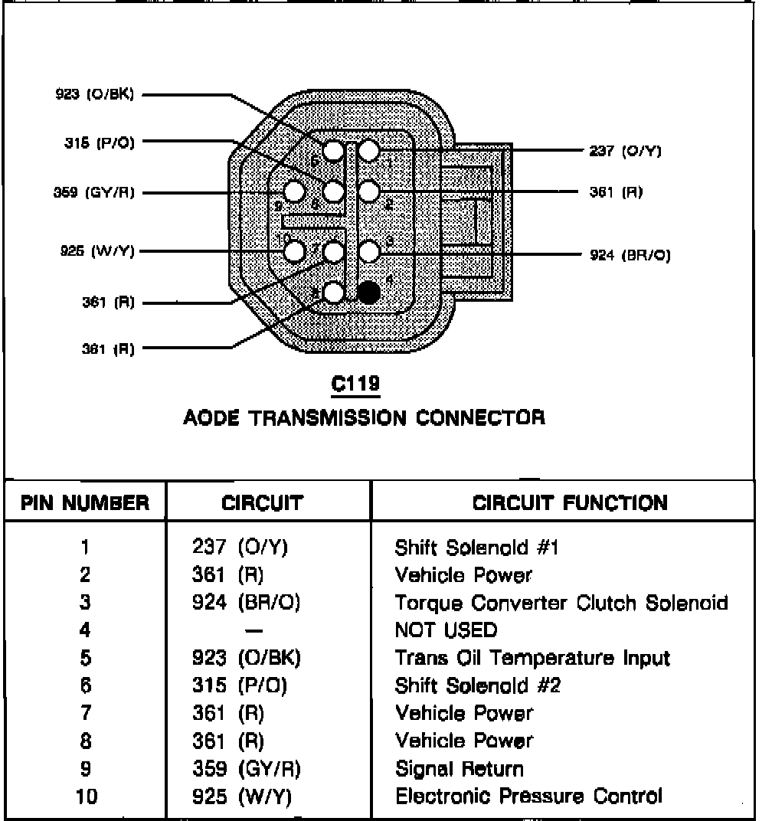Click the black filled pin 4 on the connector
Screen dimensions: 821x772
click(369, 292)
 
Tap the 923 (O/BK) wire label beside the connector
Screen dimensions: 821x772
click(94, 95)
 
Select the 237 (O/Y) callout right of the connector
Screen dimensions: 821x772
click(625, 151)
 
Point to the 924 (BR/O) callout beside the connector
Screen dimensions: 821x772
click(630, 255)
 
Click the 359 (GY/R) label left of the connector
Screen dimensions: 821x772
click(93, 192)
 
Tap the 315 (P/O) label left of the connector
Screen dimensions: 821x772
click(100, 142)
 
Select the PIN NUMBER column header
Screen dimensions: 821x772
click(85, 503)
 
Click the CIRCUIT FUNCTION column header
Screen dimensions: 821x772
click(570, 503)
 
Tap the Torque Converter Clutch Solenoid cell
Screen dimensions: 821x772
click(561, 603)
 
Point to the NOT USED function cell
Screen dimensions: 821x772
click(446, 630)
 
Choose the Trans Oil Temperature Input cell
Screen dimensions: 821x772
click(532, 658)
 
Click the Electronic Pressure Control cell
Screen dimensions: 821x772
click(528, 796)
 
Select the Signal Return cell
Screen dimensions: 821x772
click(460, 768)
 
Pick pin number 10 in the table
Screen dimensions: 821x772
click(87, 796)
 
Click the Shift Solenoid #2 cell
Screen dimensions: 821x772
click(478, 685)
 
